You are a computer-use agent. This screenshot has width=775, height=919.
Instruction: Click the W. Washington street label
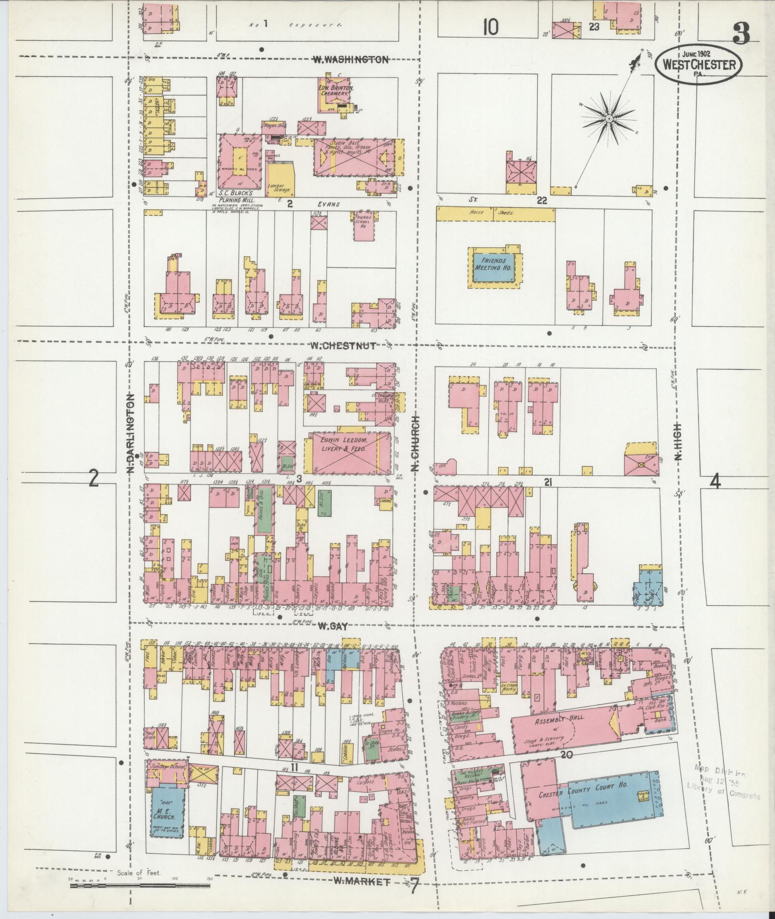[x=350, y=60]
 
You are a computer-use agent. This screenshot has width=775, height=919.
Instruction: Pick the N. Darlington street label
[x=131, y=435]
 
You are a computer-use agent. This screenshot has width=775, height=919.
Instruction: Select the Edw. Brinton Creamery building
[x=335, y=92]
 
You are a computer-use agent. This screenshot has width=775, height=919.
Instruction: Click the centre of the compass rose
[x=609, y=118]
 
